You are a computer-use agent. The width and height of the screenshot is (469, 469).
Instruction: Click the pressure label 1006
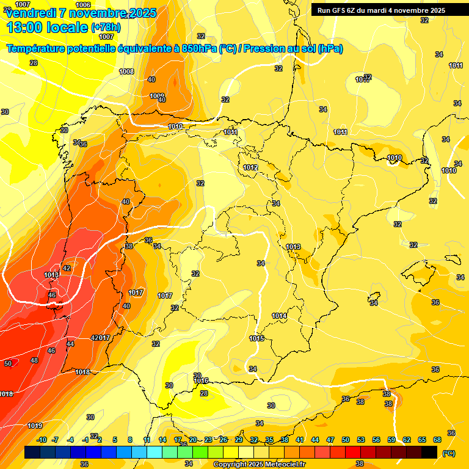point(84,5)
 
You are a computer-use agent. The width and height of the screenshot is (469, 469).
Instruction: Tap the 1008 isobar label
point(126,72)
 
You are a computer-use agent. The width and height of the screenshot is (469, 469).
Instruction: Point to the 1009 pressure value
point(157,96)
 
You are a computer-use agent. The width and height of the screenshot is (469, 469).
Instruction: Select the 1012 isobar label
point(250,167)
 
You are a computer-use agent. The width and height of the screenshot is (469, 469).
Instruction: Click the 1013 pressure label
point(293,247)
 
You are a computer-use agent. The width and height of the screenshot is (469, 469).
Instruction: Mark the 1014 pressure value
point(279,316)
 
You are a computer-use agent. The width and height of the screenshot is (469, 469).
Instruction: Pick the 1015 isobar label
point(256,338)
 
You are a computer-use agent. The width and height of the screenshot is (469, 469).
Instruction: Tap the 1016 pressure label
point(201,380)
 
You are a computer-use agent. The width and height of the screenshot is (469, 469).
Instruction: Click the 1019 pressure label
point(35,426)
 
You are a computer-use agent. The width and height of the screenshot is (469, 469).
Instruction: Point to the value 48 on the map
point(34,360)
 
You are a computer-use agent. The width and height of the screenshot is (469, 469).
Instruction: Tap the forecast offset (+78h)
point(106,27)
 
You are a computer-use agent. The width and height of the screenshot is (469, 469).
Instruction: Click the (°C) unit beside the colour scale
point(448,453)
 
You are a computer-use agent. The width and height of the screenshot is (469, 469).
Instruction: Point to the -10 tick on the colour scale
point(42,440)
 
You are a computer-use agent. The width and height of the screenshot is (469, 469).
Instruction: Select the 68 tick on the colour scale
point(437,440)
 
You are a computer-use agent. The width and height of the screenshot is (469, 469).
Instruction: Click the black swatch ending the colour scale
point(429,452)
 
